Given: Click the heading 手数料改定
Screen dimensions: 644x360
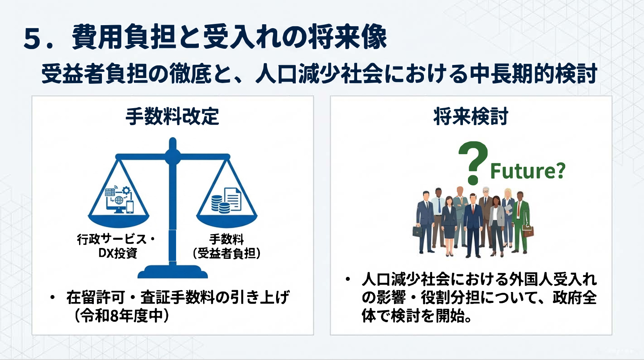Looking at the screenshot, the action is (x=173, y=116).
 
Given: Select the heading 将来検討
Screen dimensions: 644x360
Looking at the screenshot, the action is (x=471, y=116).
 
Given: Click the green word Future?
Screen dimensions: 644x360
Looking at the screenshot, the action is (x=528, y=171).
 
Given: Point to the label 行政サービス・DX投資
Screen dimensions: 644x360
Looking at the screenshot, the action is (x=116, y=246).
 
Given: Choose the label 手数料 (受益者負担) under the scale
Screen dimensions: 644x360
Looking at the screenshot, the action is (x=227, y=246).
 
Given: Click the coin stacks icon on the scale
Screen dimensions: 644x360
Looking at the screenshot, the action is (x=220, y=204).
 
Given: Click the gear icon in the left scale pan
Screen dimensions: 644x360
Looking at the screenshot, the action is (x=126, y=190).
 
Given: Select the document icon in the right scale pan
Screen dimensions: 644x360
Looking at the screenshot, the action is (x=232, y=199).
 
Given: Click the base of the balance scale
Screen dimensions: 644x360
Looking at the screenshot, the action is (x=173, y=272).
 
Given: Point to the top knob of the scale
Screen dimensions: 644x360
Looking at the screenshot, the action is (x=173, y=143).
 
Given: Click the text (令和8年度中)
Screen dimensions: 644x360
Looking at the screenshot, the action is (x=121, y=316).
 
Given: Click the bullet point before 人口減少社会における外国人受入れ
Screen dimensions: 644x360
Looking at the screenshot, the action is (x=348, y=279).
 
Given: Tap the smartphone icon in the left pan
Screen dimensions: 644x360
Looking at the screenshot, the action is (x=130, y=207).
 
